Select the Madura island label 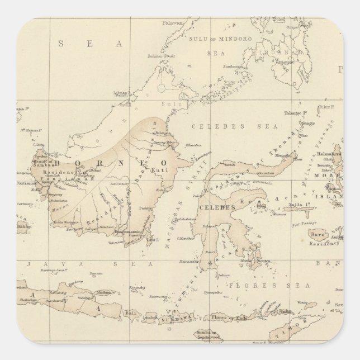[x=105, y=293]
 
